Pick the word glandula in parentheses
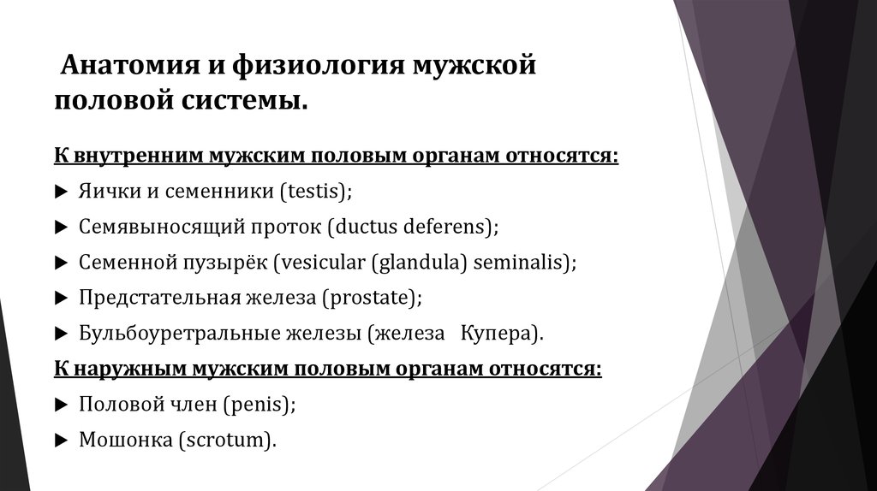pyautogui.click(x=421, y=262)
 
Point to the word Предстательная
pyautogui.click(x=158, y=298)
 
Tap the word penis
pyautogui.click(x=260, y=405)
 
